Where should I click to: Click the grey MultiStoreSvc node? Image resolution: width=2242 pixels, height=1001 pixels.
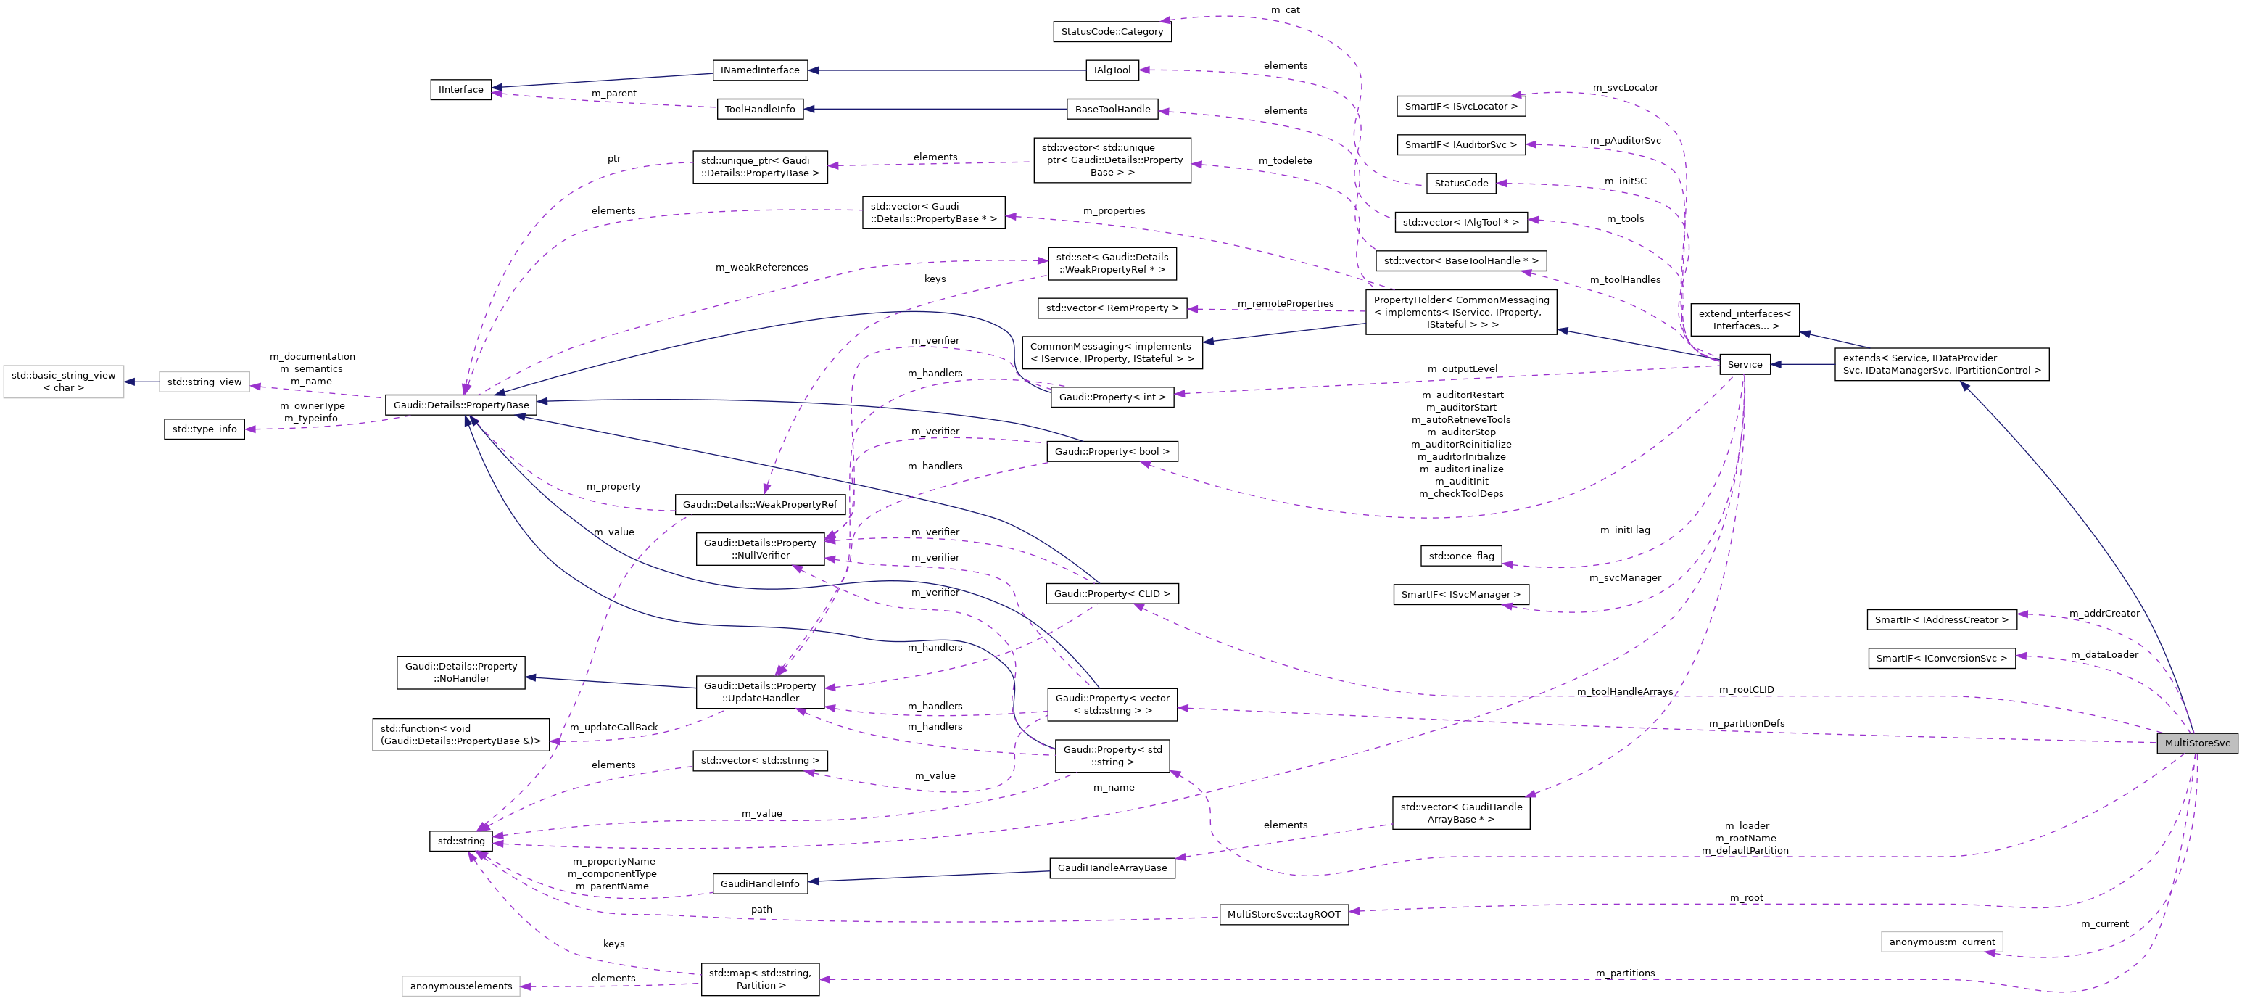point(2197,743)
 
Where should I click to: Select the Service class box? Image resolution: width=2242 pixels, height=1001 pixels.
point(1744,365)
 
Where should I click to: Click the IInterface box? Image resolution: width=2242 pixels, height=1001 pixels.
point(460,90)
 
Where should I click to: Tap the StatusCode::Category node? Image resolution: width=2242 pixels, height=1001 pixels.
point(1112,31)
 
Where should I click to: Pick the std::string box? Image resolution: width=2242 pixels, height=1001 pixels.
point(460,841)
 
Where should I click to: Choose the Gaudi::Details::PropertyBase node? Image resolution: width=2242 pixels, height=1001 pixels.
point(460,405)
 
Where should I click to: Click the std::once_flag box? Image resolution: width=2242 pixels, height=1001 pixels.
point(1460,556)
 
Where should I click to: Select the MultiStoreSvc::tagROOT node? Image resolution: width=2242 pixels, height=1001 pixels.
point(1283,914)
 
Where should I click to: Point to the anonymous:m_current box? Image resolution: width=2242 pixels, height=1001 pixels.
point(1941,942)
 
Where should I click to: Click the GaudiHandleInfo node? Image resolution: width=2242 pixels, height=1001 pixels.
point(760,883)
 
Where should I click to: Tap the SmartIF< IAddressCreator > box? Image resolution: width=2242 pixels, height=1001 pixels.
point(1941,619)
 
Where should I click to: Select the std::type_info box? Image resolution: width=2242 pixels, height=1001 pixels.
point(204,429)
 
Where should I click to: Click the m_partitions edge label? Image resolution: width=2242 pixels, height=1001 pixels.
point(1625,973)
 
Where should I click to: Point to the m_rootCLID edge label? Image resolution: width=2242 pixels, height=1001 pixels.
point(1746,689)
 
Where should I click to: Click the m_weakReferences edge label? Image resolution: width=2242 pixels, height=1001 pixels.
point(761,267)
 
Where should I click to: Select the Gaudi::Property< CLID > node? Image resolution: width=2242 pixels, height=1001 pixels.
point(1112,593)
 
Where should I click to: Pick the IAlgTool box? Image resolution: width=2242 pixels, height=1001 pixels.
point(1112,70)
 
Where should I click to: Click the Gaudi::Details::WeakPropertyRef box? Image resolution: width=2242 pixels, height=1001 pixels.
point(759,504)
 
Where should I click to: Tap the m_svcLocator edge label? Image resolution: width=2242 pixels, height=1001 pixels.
point(1625,87)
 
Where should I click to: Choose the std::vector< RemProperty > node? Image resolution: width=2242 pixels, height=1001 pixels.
point(1112,308)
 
